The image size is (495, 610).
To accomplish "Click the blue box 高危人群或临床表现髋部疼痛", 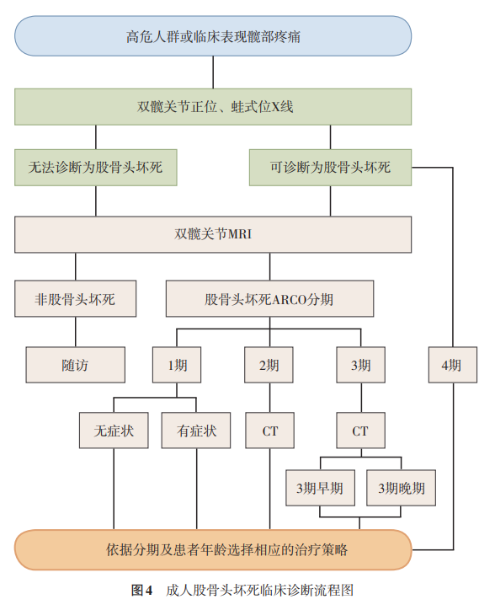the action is (213, 36).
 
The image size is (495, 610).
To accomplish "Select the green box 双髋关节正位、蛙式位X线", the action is (213, 107).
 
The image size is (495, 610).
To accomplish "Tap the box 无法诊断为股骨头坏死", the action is (96, 168).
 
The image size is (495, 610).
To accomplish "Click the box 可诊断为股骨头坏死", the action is (330, 168).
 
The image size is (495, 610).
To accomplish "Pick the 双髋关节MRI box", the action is (213, 234).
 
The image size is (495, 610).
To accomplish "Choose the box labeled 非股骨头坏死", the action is (76, 298).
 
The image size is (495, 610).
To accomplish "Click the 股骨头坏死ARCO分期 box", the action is (269, 298).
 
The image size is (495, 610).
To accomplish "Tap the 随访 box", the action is (76, 365).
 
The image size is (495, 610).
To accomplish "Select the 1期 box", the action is (177, 365).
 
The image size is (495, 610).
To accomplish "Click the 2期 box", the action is (269, 365).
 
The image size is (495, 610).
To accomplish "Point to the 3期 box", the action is (361, 365).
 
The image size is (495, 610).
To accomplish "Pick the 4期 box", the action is (453, 365).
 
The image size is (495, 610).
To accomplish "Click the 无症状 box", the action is (114, 431).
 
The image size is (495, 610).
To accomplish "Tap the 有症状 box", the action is (196, 431).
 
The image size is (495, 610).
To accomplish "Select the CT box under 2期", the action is (270, 431).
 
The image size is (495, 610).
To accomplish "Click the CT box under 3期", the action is (361, 431).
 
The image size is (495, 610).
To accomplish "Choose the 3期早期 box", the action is (320, 488).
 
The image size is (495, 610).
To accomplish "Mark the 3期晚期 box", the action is (401, 488).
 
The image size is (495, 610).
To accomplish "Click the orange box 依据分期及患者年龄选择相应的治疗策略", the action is (213, 549).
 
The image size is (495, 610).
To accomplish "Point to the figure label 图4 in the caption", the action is (141, 590).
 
